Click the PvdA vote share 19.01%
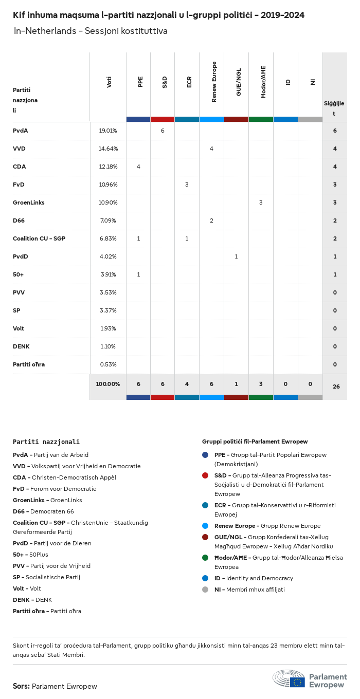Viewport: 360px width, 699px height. click(108, 131)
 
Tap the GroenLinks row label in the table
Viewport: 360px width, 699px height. click(29, 203)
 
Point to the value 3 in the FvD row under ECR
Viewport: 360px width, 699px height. click(187, 185)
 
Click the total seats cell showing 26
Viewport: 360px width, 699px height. click(336, 387)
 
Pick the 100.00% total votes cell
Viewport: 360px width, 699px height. click(108, 384)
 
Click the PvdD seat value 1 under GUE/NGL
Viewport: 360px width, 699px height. click(236, 256)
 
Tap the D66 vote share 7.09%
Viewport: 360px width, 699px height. click(108, 220)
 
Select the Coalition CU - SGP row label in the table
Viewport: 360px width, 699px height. click(39, 238)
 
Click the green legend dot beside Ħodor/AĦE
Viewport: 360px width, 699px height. click(205, 558)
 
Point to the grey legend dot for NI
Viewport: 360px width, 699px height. click(205, 590)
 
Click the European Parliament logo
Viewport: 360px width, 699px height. click(310, 679)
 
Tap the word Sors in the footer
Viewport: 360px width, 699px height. click(21, 686)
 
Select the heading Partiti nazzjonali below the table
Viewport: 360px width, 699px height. click(46, 442)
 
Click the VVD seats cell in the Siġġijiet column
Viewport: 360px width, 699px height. click(335, 149)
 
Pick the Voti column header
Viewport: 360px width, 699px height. click(109, 82)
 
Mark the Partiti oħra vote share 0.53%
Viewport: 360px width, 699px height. click(108, 364)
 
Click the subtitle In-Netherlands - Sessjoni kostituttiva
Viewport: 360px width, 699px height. click(91, 31)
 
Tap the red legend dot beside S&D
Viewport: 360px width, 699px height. click(205, 475)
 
